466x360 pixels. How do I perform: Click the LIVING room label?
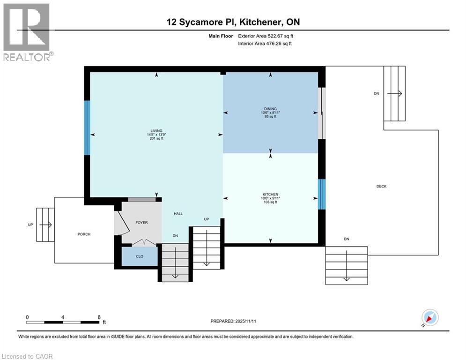tap(156, 131)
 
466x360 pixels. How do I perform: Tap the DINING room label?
tap(270, 109)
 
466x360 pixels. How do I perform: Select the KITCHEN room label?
tap(270, 194)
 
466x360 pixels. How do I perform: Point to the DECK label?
tap(381, 187)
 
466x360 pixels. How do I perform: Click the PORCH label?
tap(84, 234)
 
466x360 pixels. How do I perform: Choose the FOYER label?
tap(141, 223)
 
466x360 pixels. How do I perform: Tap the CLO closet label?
tap(139, 256)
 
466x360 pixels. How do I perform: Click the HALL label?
tap(178, 214)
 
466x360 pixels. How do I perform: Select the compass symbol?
tap(429, 317)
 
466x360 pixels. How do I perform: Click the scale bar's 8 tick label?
tap(99, 317)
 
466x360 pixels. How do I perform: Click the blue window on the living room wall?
tap(87, 128)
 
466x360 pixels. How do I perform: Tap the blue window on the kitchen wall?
tap(321, 194)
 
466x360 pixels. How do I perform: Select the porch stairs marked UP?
tap(45, 225)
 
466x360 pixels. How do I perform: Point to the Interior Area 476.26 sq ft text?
tap(267, 44)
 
